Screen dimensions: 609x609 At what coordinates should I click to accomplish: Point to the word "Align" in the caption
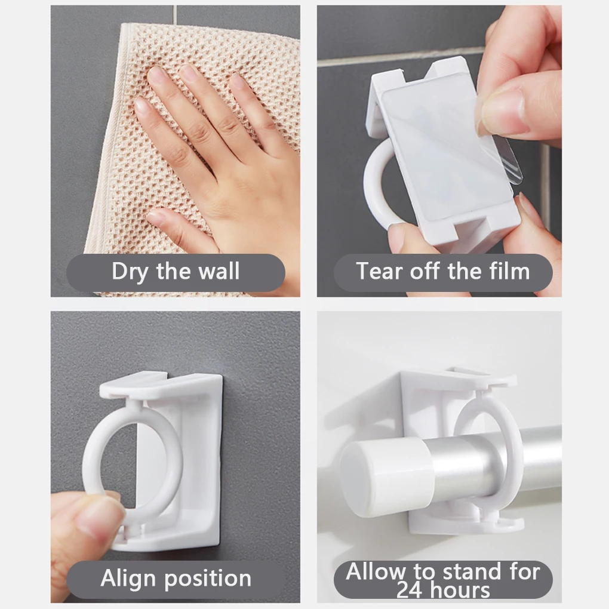click(x=128, y=579)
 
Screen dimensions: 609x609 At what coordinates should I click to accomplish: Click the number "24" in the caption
click(x=411, y=590)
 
